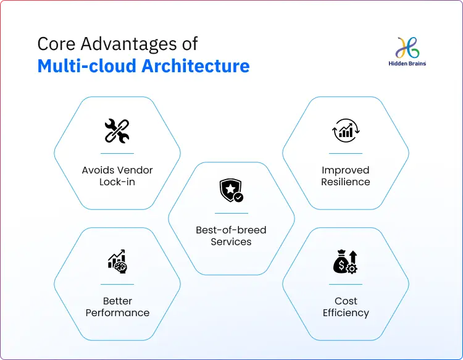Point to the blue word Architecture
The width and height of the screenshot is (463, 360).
[196, 65]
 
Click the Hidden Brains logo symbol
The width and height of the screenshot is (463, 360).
[407, 48]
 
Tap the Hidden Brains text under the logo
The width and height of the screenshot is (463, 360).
[407, 63]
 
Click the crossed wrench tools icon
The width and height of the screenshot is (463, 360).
[117, 131]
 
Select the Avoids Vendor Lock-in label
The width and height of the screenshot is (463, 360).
[117, 176]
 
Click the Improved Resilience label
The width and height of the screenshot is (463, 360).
[346, 176]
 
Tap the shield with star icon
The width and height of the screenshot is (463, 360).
[231, 191]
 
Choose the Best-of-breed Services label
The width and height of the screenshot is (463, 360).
[231, 236]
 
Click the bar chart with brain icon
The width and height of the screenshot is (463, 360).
[117, 261]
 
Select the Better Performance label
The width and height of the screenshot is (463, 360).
[117, 307]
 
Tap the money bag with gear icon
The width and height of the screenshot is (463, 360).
[345, 261]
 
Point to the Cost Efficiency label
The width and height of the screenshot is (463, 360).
[346, 307]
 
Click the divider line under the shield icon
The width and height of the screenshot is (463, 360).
[231, 213]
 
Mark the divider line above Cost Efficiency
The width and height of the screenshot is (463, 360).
[346, 284]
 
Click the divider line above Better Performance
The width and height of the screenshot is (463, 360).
[117, 284]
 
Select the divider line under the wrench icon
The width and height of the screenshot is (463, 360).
[117, 153]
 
